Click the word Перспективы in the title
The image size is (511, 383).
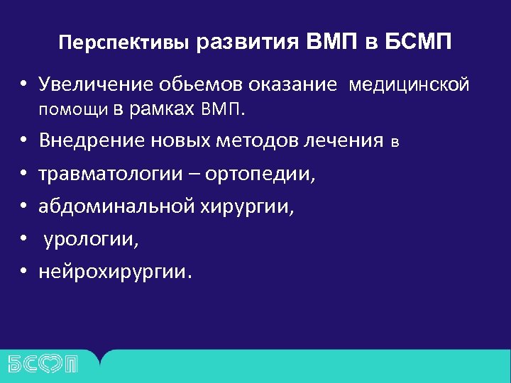[124, 43]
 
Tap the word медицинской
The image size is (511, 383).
[408, 85]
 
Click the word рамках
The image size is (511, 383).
[165, 110]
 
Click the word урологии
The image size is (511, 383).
[90, 239]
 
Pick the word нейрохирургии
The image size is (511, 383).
[114, 272]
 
